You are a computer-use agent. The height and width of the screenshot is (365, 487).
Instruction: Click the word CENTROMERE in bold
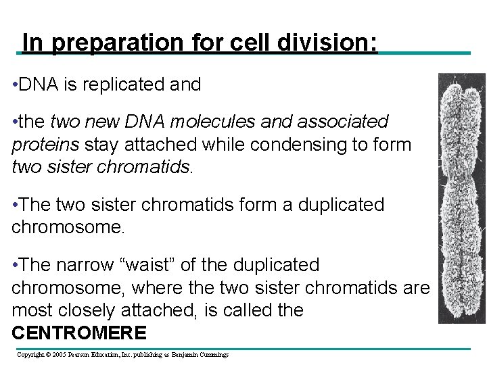pos(79,333)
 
